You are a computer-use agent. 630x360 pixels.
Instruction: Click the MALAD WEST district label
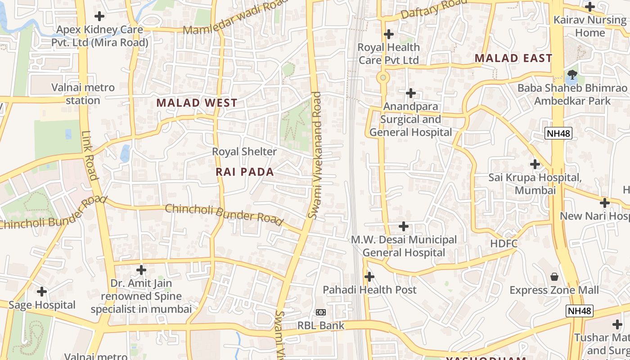coord(197,103)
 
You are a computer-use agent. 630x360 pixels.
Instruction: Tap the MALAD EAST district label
coord(513,58)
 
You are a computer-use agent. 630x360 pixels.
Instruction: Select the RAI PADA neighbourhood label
coord(245,172)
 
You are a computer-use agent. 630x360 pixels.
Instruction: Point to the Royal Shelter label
coord(244,152)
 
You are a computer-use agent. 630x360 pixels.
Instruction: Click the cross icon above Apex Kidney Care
coord(99,16)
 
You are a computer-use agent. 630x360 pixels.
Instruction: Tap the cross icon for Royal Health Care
coord(388,34)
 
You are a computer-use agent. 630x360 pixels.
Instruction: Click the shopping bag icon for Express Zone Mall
coord(554,276)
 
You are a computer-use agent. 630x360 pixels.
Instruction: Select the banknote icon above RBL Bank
coord(320,312)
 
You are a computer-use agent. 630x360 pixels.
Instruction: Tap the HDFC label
coord(504,243)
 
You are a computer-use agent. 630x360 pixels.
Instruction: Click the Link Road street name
coord(89,155)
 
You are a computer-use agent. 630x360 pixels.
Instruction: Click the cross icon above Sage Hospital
coord(42,292)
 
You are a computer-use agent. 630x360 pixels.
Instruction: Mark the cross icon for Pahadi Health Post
coord(369,276)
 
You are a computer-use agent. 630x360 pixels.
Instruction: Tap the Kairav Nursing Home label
coord(589,26)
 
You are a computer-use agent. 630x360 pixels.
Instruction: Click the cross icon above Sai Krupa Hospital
coord(535,164)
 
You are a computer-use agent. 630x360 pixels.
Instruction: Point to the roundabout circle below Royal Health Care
coord(383,77)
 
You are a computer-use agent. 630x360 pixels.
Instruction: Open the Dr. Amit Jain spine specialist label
coord(141,297)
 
